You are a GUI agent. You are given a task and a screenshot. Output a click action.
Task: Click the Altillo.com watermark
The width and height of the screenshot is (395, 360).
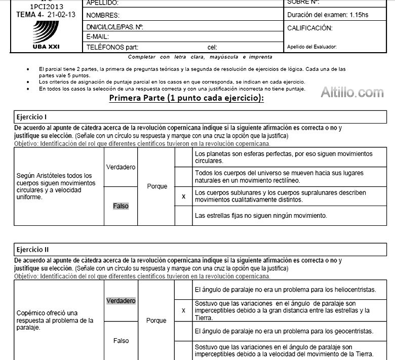tap(352, 92)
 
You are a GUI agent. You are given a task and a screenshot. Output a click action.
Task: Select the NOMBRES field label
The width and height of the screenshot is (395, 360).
tap(103, 15)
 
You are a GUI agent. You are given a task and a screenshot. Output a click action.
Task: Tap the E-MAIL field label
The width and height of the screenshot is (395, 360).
tap(98, 37)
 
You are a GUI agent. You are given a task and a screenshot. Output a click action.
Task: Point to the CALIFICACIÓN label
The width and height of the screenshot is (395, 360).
tap(309, 28)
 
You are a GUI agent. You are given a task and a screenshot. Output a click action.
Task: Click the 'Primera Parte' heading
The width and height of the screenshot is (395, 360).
tap(186, 99)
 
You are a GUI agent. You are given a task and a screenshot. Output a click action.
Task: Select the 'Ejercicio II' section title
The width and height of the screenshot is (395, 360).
tap(31, 249)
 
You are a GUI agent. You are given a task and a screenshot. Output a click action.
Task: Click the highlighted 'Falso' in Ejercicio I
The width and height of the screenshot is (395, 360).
tap(121, 206)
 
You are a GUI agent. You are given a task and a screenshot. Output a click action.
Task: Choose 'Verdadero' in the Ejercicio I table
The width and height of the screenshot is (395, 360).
tap(121, 167)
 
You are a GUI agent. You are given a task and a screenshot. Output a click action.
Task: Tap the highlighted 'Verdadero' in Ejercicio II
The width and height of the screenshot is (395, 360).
tap(121, 301)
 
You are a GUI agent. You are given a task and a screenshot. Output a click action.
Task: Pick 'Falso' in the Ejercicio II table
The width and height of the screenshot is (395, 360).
tap(121, 341)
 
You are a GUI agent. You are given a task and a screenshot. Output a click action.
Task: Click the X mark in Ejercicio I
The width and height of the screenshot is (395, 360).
tap(183, 196)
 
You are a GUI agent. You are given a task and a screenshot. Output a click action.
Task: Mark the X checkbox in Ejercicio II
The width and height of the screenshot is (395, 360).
tap(183, 310)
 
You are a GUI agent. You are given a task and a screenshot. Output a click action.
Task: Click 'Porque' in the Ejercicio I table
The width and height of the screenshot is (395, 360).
tap(157, 186)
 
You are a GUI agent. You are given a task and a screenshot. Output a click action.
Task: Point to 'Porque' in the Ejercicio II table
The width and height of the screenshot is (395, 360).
tap(156, 321)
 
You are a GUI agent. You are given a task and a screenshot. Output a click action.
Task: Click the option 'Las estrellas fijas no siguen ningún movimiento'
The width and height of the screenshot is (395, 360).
tap(261, 216)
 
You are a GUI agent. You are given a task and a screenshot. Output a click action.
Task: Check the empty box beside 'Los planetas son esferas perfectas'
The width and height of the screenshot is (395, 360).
tap(183, 157)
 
